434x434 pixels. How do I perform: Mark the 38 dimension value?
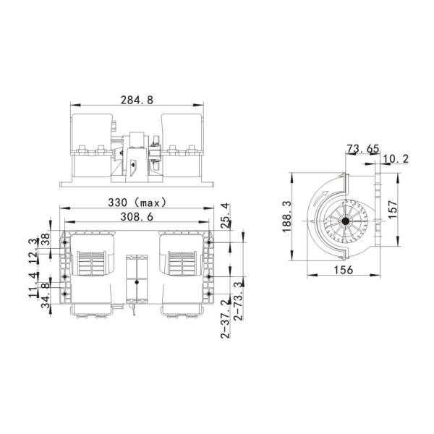[x=45, y=239]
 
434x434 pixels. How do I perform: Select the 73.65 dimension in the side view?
[x=363, y=149]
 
